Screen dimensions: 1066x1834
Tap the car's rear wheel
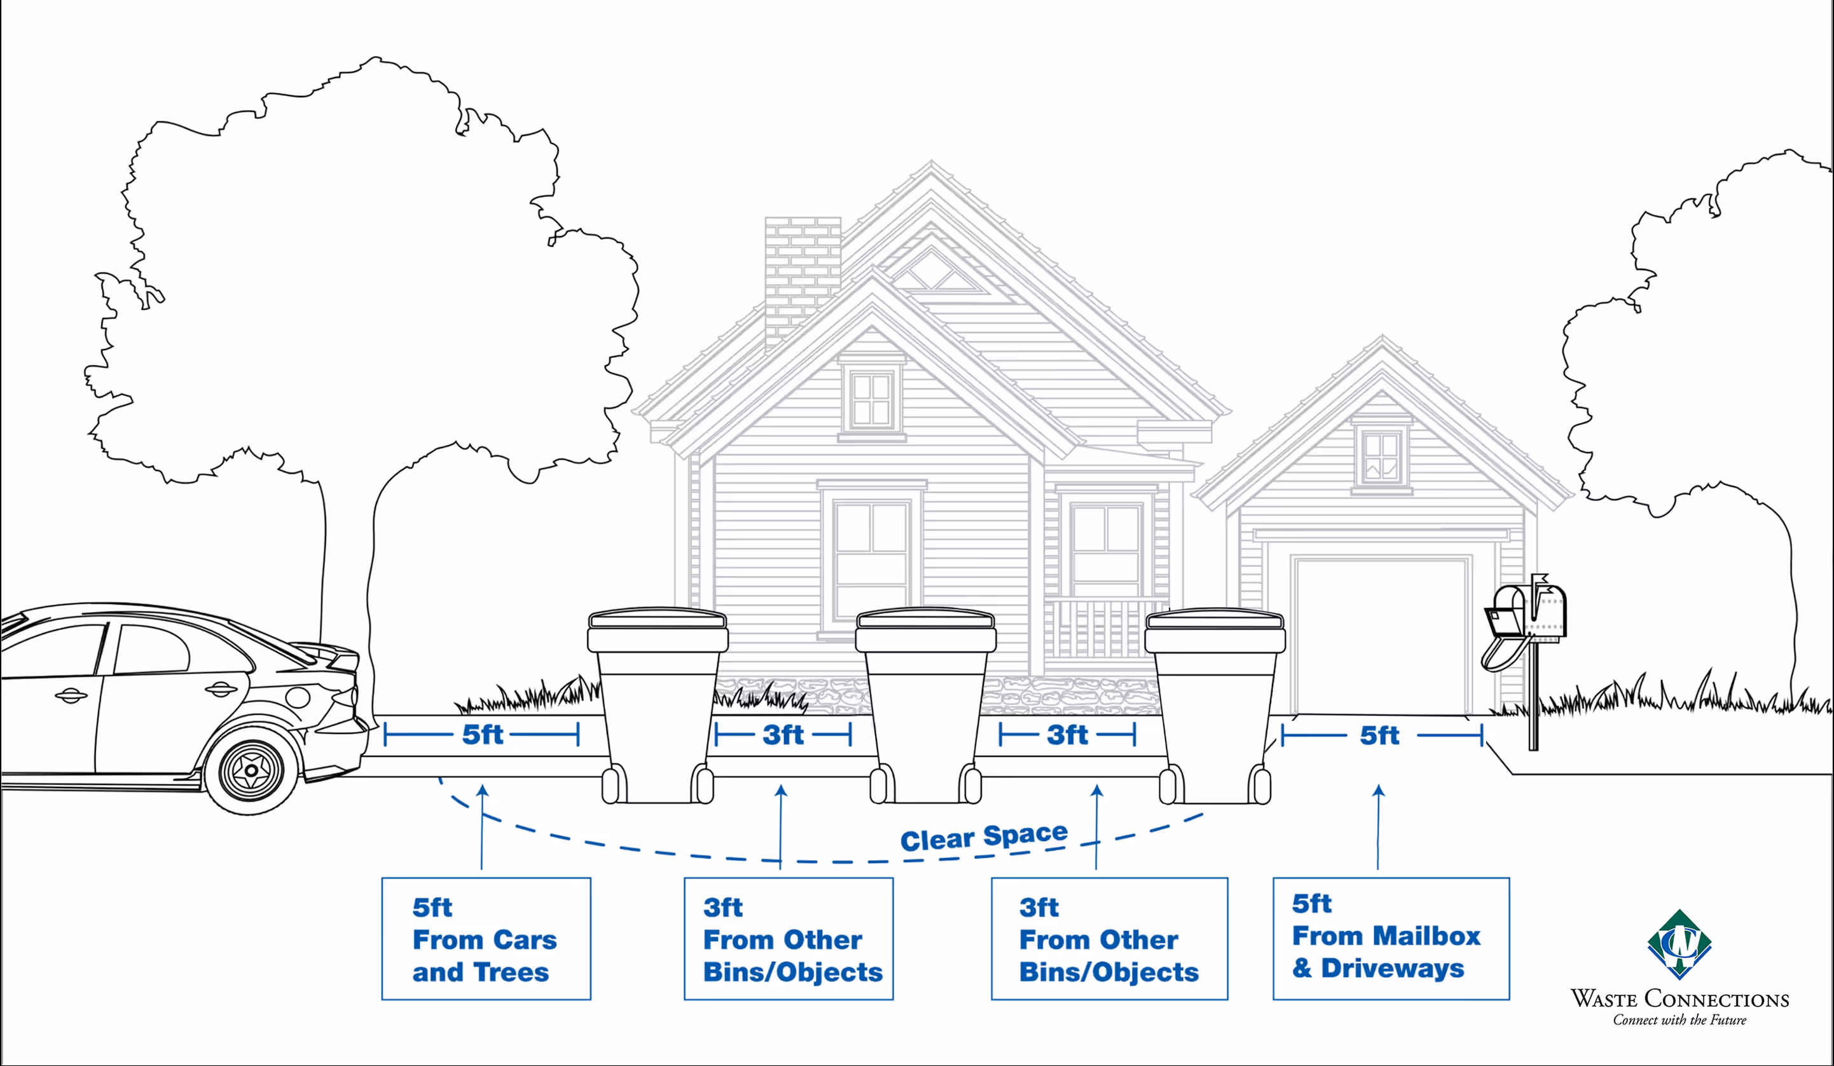[251, 769]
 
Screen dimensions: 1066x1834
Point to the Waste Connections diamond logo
[1679, 944]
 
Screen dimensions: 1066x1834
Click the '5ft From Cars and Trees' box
[486, 939]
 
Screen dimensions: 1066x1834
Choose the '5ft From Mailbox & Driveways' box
[1391, 938]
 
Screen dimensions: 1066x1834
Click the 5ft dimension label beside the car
[483, 735]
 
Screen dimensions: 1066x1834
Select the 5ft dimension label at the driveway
[1379, 735]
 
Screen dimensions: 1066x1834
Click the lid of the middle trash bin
[925, 620]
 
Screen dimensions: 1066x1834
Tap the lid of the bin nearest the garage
[1215, 620]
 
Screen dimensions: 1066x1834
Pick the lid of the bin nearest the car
[657, 620]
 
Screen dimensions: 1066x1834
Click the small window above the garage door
[1381, 457]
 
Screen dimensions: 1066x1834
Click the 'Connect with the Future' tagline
[1679, 1020]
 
